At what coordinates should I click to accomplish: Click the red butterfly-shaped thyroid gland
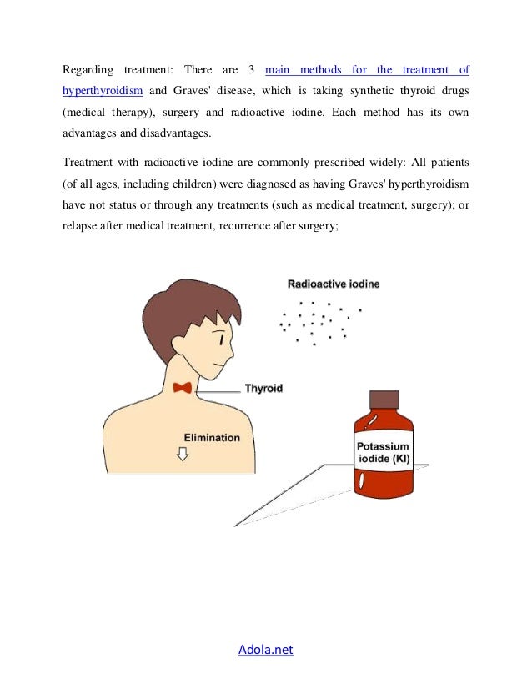(183, 387)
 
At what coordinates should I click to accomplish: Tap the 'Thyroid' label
(263, 388)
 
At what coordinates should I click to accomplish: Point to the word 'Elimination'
(212, 436)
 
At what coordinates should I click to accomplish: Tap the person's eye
(221, 339)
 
